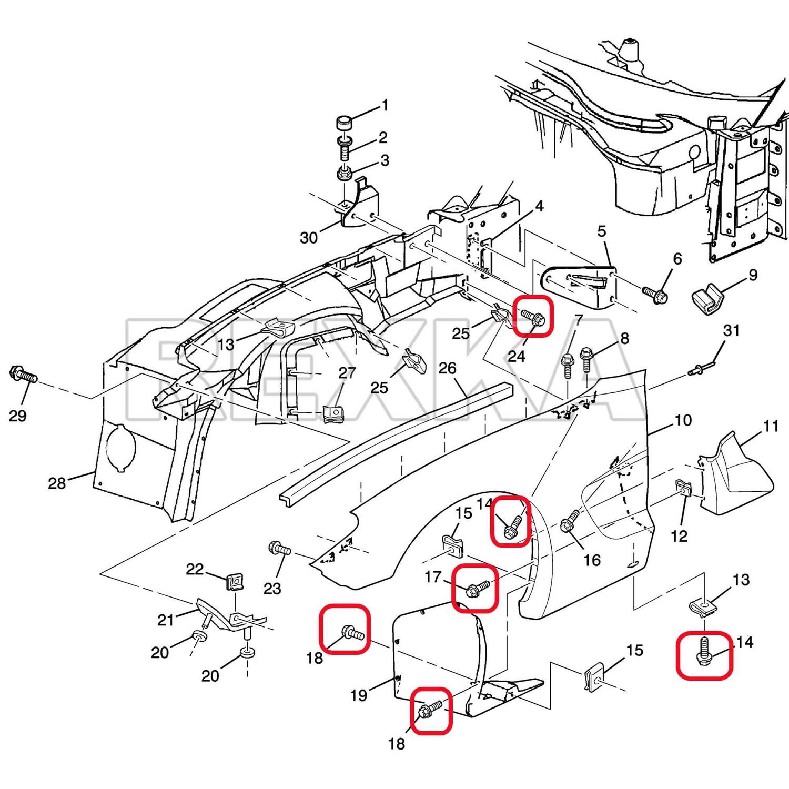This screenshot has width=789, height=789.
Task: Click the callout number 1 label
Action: point(385,106)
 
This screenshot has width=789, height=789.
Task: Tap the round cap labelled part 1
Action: point(344,126)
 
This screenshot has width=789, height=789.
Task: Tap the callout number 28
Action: point(57,482)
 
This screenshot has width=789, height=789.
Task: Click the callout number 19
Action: point(359,695)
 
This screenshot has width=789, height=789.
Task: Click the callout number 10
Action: point(683,420)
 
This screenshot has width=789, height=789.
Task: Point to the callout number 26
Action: point(447,368)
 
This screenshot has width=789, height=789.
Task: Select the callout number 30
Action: point(309,238)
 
